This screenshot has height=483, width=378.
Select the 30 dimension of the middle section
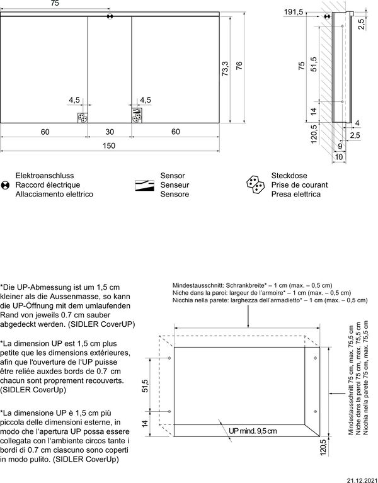(109, 132)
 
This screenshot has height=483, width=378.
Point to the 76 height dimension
(239, 67)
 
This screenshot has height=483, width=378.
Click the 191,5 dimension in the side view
(294, 12)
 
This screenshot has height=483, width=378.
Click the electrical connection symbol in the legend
(6, 185)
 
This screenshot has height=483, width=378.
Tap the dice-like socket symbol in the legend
(256, 185)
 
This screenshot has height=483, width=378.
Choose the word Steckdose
(289, 176)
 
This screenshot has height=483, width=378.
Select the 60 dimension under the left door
(45, 132)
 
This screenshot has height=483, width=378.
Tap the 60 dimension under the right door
(175, 132)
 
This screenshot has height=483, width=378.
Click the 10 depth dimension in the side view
(340, 156)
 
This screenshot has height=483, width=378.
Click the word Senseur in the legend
(175, 185)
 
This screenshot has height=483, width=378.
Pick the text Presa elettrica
(295, 195)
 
